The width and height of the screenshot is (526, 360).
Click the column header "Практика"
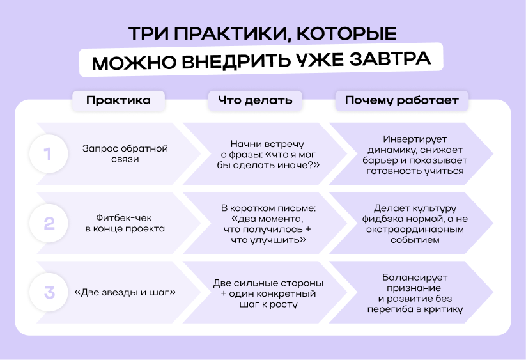118,100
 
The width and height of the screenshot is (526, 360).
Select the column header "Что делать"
255,100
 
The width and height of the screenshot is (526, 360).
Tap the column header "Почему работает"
402,100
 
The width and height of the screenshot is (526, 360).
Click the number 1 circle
49,154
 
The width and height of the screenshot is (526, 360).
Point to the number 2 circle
49,223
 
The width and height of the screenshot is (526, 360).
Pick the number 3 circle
49,292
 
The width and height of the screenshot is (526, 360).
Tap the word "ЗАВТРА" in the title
390,59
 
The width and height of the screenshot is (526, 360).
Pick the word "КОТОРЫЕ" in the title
346,33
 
